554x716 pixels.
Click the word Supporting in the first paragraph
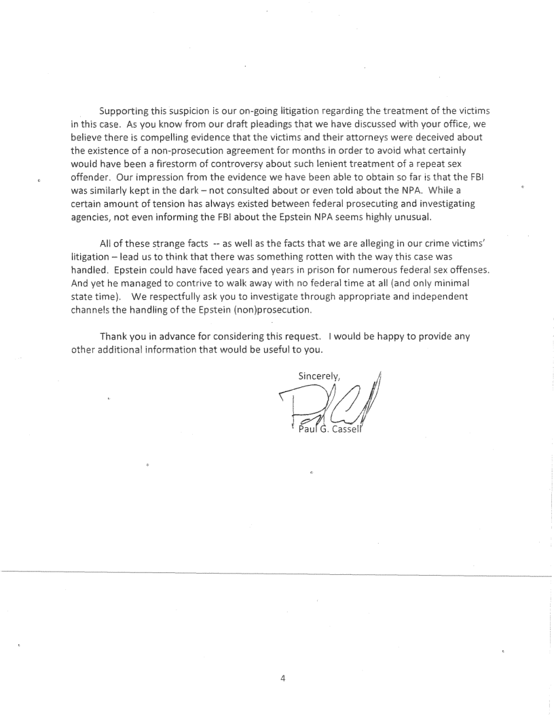coord(124,111)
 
